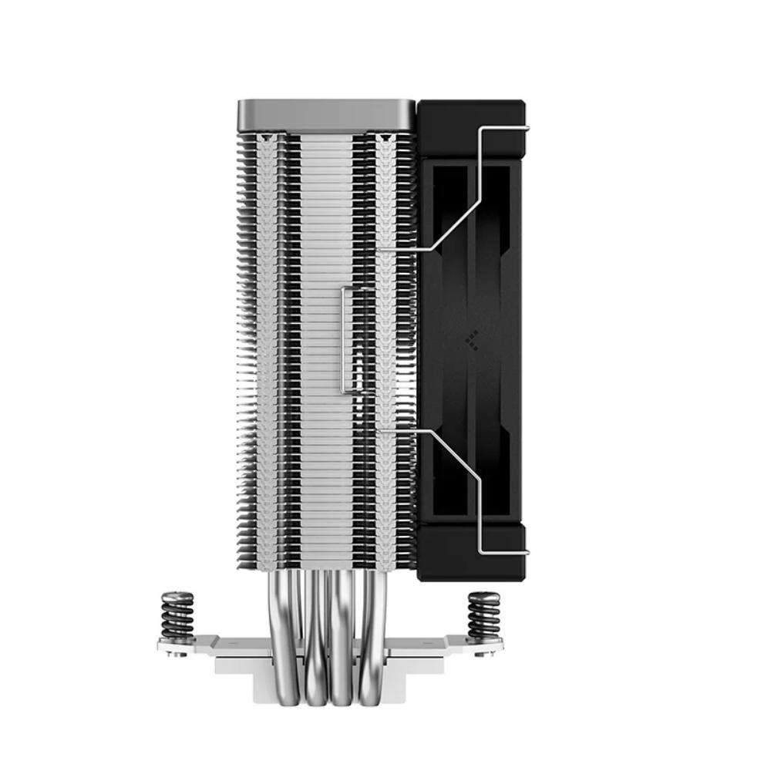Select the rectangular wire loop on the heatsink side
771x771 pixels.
[x=348, y=340]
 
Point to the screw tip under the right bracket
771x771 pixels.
[x=487, y=654]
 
